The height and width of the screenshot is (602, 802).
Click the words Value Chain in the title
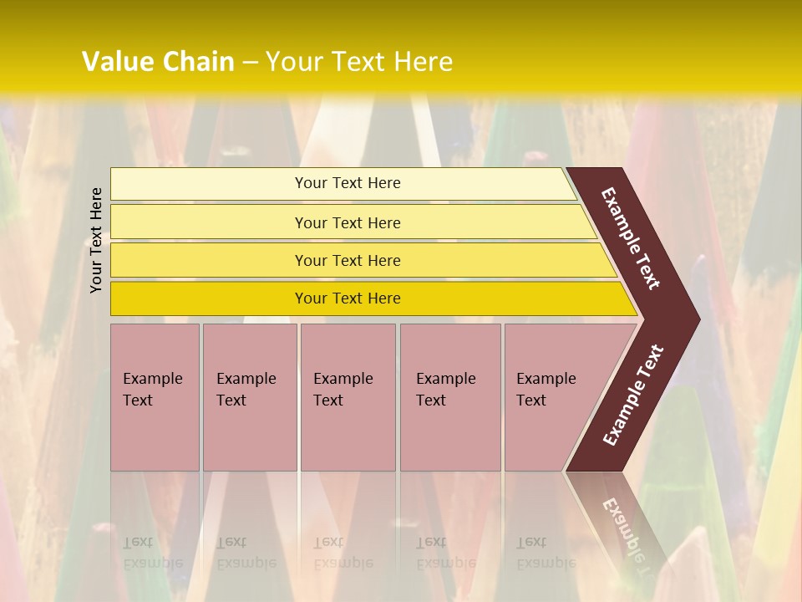point(158,62)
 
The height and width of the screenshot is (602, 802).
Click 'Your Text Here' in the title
point(359,62)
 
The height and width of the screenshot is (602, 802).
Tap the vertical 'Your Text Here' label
point(97,241)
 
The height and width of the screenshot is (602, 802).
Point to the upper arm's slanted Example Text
point(631,239)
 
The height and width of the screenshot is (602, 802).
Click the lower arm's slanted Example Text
point(633,395)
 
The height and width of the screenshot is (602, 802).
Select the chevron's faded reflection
point(622,518)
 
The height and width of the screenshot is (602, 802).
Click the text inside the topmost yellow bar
point(348,183)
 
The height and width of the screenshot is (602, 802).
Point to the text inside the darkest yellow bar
point(348,298)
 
